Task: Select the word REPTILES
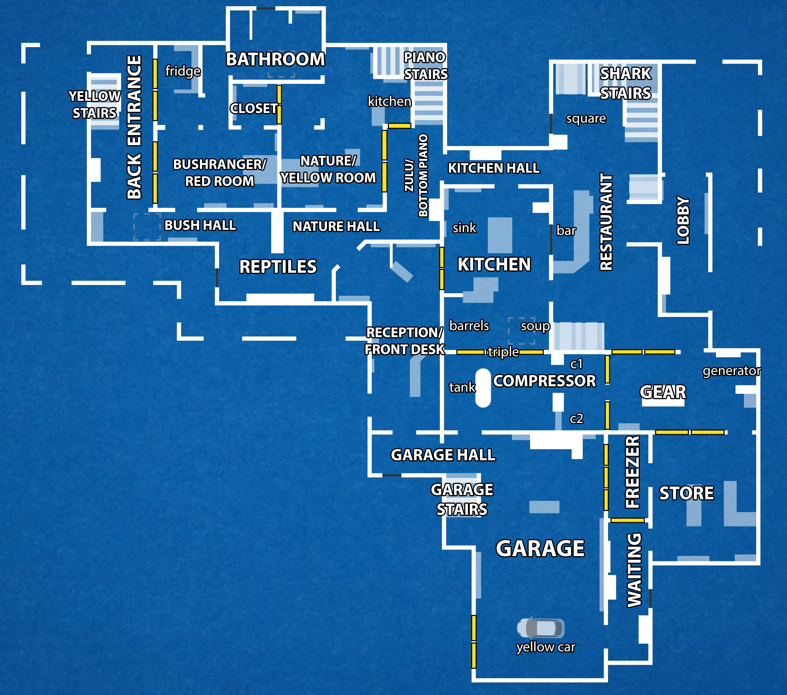pos(278,266)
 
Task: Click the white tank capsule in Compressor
pos(483,388)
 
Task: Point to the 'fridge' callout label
pos(183,71)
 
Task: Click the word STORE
pos(687,493)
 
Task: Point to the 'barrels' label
pos(469,326)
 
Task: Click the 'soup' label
pos(535,326)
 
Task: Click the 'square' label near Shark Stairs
pos(586,119)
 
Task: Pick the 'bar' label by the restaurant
pos(566,231)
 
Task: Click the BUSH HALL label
pos(200,225)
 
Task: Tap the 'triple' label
pos(503,352)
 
